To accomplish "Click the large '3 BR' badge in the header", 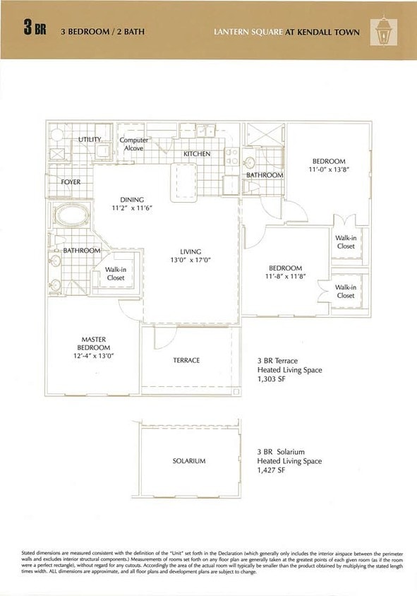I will pyautogui.click(x=35, y=30).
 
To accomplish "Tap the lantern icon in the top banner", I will pyautogui.click(x=384, y=30).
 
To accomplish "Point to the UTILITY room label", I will pyautogui.click(x=90, y=139).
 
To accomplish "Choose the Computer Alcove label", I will pyautogui.click(x=133, y=144).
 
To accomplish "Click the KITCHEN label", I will pyautogui.click(x=197, y=153).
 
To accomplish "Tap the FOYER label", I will pyautogui.click(x=71, y=182).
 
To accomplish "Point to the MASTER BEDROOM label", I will pyautogui.click(x=93, y=347).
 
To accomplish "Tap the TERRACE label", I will pyautogui.click(x=186, y=360).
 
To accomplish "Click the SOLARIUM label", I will pyautogui.click(x=189, y=461).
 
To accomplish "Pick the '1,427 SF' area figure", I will pyautogui.click(x=271, y=470).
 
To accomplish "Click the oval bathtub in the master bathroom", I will pyautogui.click(x=71, y=215).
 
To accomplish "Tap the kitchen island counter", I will pyautogui.click(x=183, y=181).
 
